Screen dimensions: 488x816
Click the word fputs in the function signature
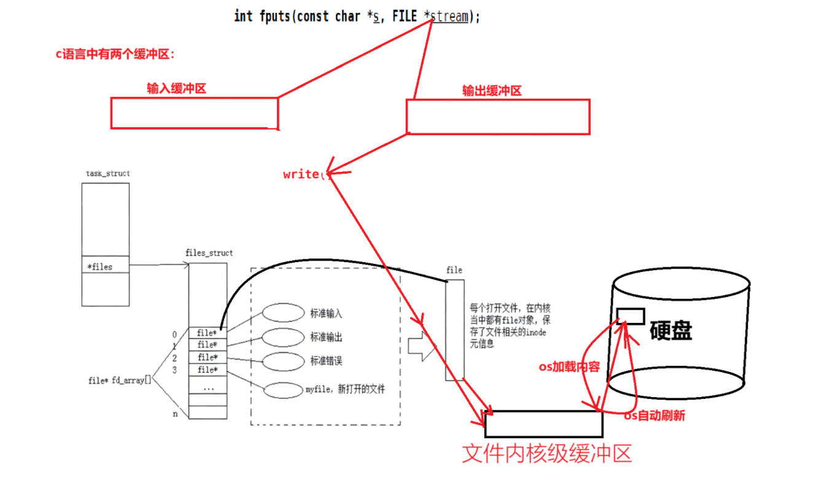pyautogui.click(x=273, y=17)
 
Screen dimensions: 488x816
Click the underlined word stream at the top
pyautogui.click(x=449, y=17)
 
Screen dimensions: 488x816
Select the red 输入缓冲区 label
pyautogui.click(x=176, y=88)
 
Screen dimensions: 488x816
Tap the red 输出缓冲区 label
pyautogui.click(x=492, y=91)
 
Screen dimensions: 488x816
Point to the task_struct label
pyautogui.click(x=108, y=173)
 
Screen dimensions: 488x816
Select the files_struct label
pyautogui.click(x=209, y=253)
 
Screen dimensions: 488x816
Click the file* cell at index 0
pyautogui.click(x=207, y=333)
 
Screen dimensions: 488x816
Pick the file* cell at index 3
pyautogui.click(x=207, y=370)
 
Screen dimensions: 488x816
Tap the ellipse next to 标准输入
pyautogui.click(x=284, y=312)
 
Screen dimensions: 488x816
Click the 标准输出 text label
pyautogui.click(x=327, y=337)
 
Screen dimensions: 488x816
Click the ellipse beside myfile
pyautogui.click(x=284, y=390)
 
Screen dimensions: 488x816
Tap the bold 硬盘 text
pyautogui.click(x=670, y=331)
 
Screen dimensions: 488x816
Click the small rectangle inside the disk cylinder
pyautogui.click(x=631, y=316)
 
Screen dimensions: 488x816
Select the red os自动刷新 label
pyautogui.click(x=654, y=416)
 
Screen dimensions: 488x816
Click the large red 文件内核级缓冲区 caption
pyautogui.click(x=546, y=454)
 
